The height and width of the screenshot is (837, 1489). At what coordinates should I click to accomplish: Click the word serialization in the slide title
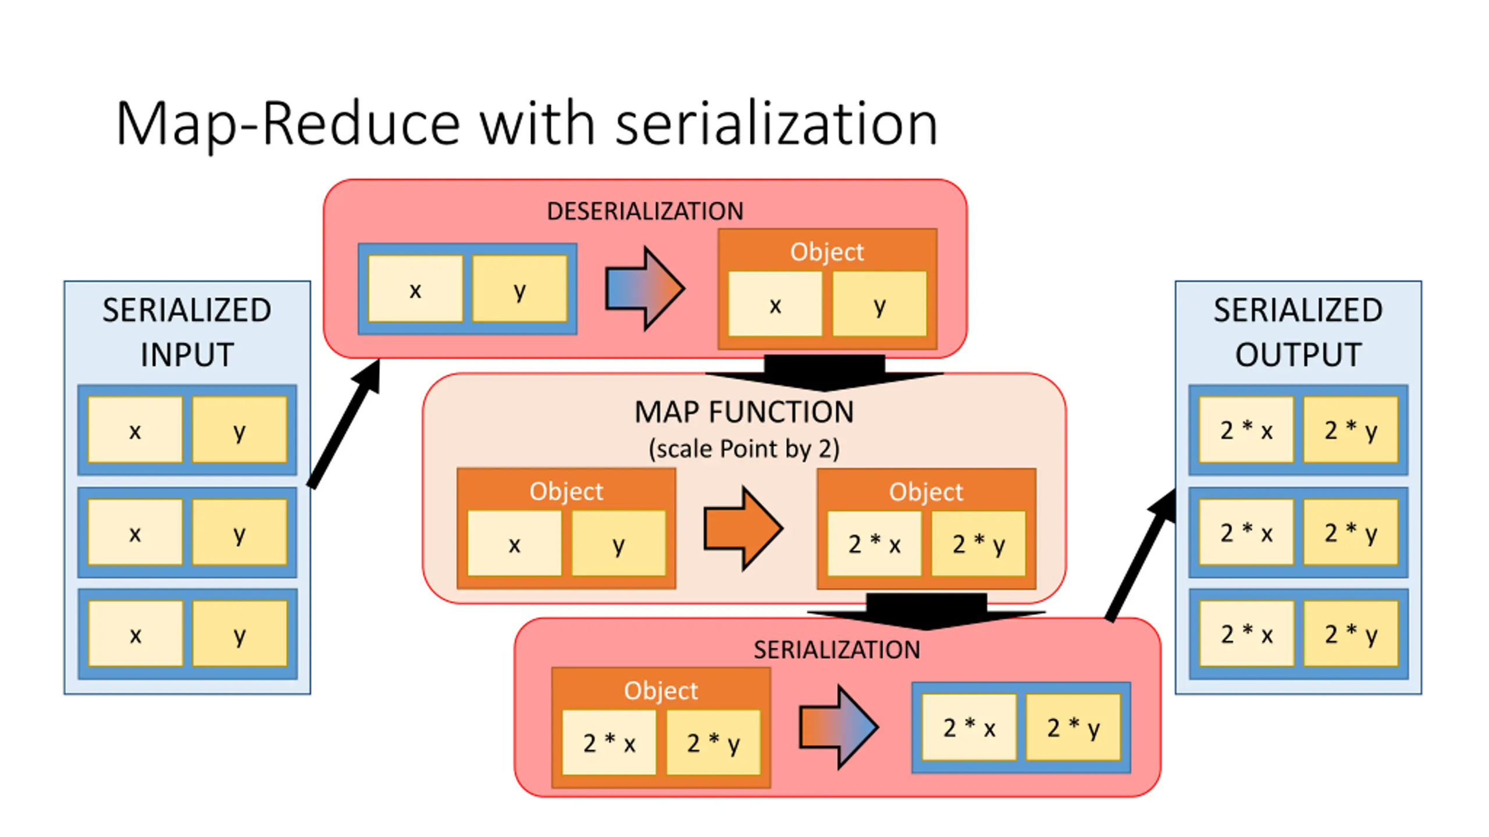[776, 123]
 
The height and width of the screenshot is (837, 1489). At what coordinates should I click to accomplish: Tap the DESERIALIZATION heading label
[645, 211]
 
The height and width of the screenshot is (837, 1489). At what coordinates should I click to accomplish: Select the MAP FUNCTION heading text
[744, 412]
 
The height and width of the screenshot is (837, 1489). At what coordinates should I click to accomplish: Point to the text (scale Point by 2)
[744, 449]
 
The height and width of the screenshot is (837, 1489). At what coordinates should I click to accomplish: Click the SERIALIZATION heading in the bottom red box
[837, 650]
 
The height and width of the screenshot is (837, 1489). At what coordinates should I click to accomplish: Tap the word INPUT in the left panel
[187, 355]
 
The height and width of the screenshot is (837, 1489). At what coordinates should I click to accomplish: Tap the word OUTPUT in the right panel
[1298, 355]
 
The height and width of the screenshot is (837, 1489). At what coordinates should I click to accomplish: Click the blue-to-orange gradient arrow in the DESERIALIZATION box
[645, 288]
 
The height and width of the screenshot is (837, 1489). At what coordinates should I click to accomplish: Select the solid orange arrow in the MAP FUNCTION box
[743, 529]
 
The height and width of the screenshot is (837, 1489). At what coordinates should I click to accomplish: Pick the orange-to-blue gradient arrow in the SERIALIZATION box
[839, 727]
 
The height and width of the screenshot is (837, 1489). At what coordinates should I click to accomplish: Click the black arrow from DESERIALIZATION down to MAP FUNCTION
[824, 372]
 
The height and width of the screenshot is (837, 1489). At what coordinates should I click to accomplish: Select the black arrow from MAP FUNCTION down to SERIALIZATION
[927, 611]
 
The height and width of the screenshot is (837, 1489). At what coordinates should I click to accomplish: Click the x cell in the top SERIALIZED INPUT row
[135, 430]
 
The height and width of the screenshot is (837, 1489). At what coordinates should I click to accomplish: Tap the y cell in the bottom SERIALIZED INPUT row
[240, 634]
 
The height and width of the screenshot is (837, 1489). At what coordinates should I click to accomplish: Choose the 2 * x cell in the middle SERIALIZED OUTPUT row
[1246, 532]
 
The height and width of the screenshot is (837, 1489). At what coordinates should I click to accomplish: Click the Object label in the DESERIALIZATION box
[827, 252]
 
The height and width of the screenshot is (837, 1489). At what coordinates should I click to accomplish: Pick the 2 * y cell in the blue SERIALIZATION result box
[1073, 727]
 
